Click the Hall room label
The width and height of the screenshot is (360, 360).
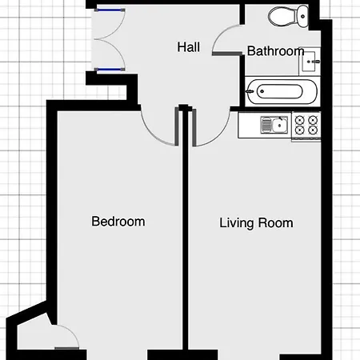click(x=189, y=47)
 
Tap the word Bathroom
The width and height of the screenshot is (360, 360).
click(x=275, y=51)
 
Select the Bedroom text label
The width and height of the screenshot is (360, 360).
click(x=118, y=222)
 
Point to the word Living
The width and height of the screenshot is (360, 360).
click(x=236, y=223)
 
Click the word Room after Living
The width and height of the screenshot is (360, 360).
click(x=276, y=223)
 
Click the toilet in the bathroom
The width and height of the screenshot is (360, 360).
click(x=288, y=16)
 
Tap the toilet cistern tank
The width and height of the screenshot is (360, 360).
click(x=302, y=16)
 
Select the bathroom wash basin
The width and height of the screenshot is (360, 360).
click(x=310, y=62)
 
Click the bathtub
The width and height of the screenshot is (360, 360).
click(x=282, y=92)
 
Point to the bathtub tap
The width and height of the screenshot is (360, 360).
click(x=250, y=92)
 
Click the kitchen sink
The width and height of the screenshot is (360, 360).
click(x=274, y=125)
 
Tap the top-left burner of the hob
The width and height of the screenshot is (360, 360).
click(x=300, y=120)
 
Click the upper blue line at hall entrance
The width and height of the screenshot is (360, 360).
click(x=110, y=10)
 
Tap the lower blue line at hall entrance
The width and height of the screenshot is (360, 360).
click(x=110, y=70)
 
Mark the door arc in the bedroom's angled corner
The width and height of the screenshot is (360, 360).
click(x=70, y=331)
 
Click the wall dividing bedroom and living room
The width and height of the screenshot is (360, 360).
click(x=186, y=230)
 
